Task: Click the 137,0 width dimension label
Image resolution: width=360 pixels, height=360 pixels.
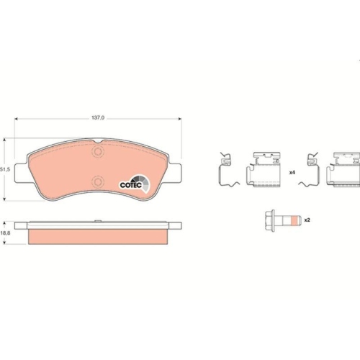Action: pyautogui.click(x=98, y=118)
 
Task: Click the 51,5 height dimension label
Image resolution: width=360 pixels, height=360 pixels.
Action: pyautogui.click(x=5, y=169)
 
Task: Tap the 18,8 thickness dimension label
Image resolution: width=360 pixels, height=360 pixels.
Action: pyautogui.click(x=5, y=233)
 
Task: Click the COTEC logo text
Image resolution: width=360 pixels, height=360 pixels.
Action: pyautogui.click(x=131, y=185)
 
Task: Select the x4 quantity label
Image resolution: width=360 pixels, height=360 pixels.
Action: pyautogui.click(x=292, y=172)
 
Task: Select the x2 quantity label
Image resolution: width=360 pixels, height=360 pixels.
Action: pyautogui.click(x=307, y=220)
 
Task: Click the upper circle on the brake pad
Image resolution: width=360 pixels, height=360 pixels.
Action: pyautogui.click(x=98, y=152)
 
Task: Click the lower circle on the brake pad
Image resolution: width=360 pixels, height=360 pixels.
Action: pyautogui.click(x=98, y=181)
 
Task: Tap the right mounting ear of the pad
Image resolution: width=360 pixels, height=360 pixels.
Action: pyautogui.click(x=174, y=173)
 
